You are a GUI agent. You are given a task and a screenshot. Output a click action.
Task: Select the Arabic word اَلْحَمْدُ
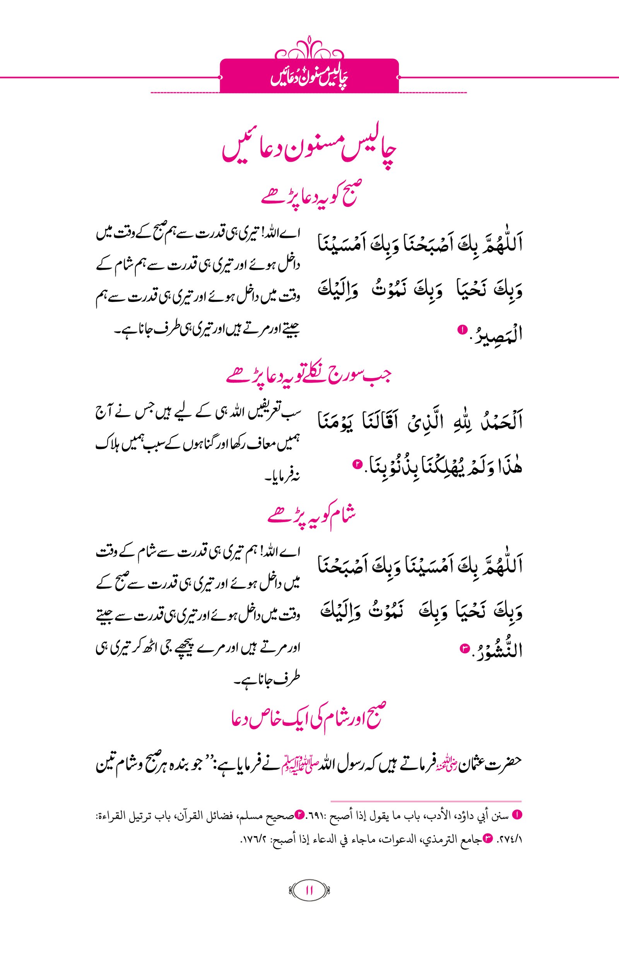pos(501,421)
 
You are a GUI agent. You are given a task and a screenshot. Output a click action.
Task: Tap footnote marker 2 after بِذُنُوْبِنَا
pos(356,464)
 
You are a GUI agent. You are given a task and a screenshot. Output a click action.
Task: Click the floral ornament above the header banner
pos(309,48)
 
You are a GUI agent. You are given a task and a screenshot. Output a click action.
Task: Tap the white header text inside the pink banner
pos(309,77)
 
